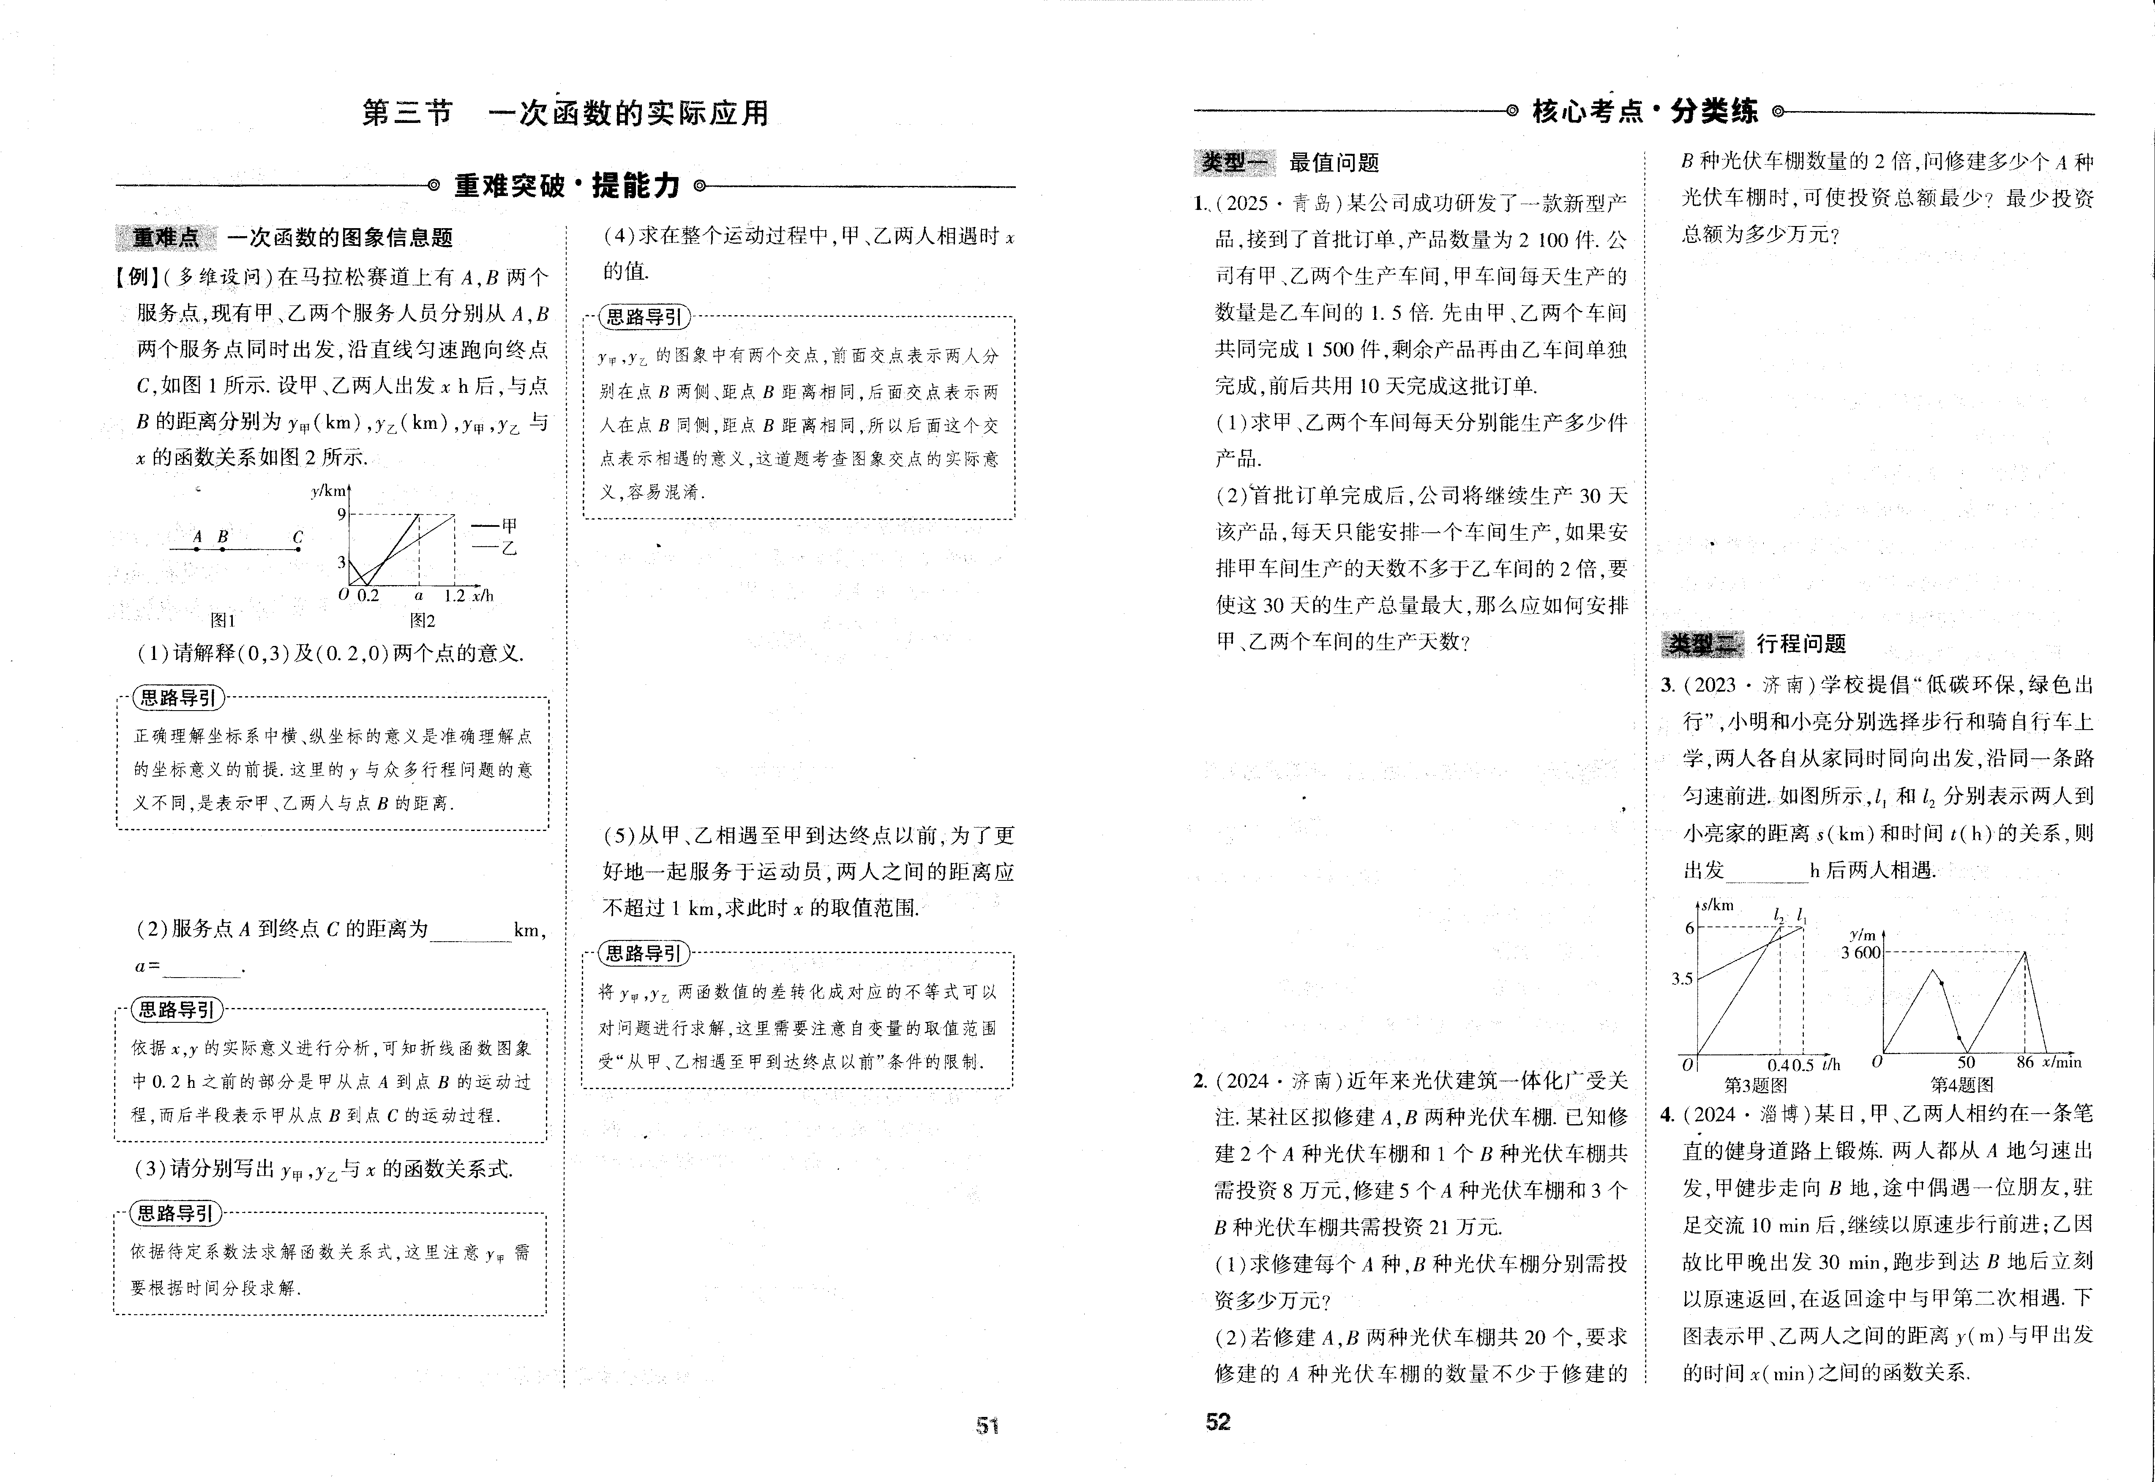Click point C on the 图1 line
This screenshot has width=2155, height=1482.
(298, 549)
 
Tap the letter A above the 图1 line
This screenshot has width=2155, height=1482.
(197, 537)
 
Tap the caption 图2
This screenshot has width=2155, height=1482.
(423, 620)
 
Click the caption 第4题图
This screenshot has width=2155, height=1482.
(1962, 1084)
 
